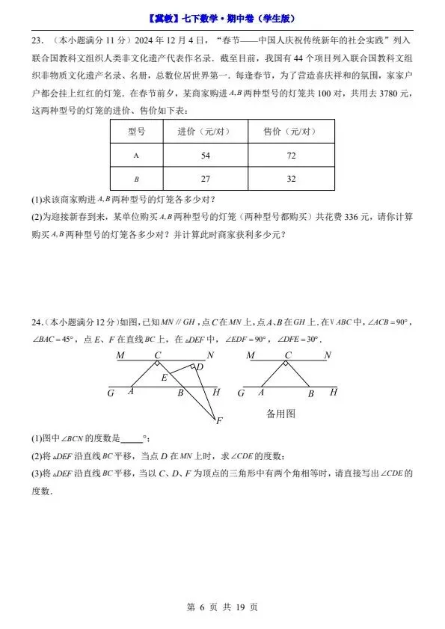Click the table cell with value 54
[x=206, y=156]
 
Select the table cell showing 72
[x=291, y=156]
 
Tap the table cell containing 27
[x=206, y=179]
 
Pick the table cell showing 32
[x=291, y=179]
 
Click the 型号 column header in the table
[x=136, y=131]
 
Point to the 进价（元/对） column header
[x=206, y=131]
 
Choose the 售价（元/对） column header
[x=291, y=131]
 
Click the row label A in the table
[x=136, y=156]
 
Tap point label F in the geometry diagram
[x=219, y=422]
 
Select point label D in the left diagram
[x=200, y=366]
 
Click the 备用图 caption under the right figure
[x=281, y=413]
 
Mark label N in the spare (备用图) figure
[x=327, y=356]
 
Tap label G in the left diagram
[x=111, y=393]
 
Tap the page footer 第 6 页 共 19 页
[x=222, y=607]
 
